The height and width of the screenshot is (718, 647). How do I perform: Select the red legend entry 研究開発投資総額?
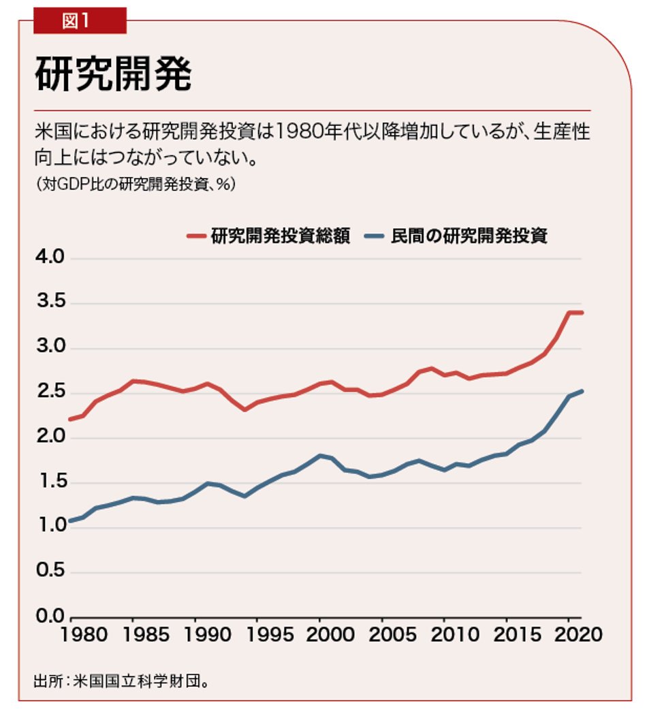tap(269, 236)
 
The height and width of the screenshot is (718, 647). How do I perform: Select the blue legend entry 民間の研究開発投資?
tap(457, 236)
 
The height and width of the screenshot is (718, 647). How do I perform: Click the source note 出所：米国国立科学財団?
tap(120, 681)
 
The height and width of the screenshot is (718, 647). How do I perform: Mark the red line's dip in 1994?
tap(244, 409)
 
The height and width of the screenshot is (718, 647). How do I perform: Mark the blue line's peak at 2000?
tap(319, 455)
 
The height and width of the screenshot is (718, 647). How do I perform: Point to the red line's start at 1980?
tap(70, 419)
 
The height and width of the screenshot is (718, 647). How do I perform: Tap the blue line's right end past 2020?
tap(582, 391)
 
